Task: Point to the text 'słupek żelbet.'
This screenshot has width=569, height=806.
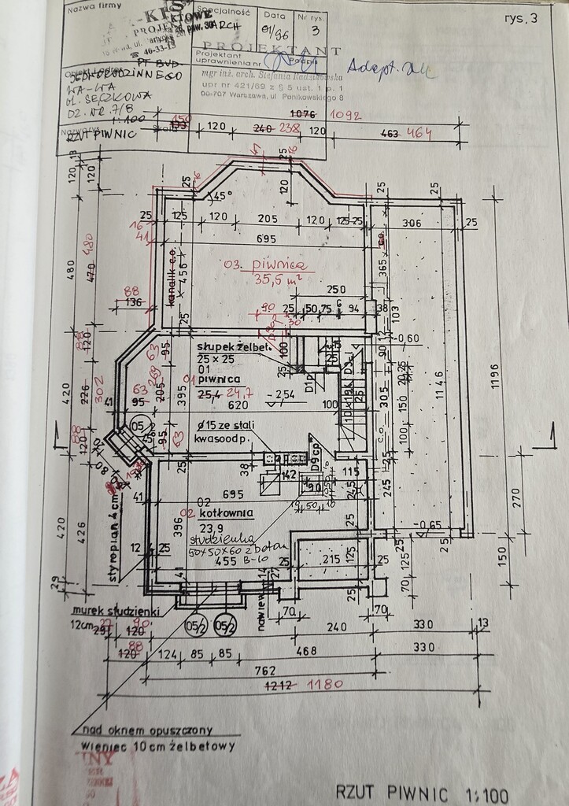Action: click(x=234, y=347)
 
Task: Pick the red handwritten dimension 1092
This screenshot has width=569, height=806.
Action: click(x=345, y=115)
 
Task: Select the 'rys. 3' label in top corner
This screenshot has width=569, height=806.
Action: click(x=520, y=19)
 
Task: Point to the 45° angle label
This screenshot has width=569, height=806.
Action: click(x=224, y=196)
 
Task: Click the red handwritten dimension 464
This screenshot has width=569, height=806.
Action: click(x=417, y=134)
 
